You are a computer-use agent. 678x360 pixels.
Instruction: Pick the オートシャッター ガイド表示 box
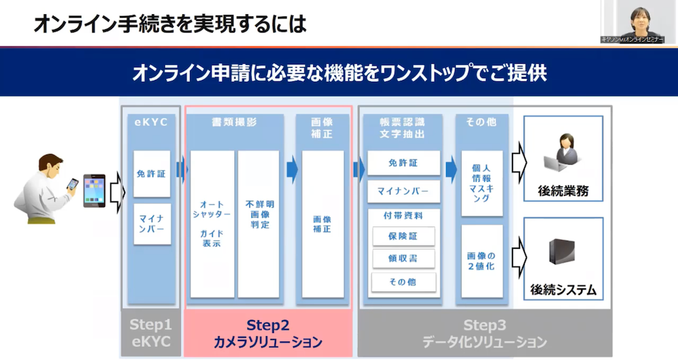[212, 224]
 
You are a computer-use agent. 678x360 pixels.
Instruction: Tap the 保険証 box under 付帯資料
[403, 237]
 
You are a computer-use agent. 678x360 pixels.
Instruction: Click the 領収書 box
[403, 259]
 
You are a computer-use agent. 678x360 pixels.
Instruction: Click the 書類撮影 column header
[234, 123]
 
